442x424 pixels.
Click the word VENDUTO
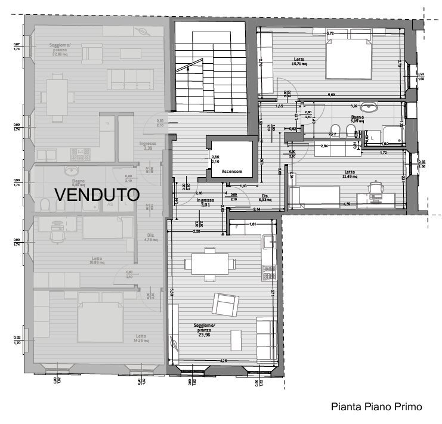pyautogui.click(x=97, y=194)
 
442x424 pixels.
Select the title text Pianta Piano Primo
pyautogui.click(x=376, y=407)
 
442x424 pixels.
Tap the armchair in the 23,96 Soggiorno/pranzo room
pyautogui.click(x=225, y=305)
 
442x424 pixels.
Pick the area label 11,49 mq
pyautogui.click(x=350, y=177)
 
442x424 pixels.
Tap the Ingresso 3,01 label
pyautogui.click(x=206, y=203)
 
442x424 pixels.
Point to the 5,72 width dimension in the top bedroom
pyautogui.click(x=329, y=33)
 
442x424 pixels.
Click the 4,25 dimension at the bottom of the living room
pyautogui.click(x=222, y=360)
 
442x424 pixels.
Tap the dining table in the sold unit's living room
pyautogui.click(x=57, y=94)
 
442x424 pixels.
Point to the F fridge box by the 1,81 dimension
pyautogui.click(x=237, y=228)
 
